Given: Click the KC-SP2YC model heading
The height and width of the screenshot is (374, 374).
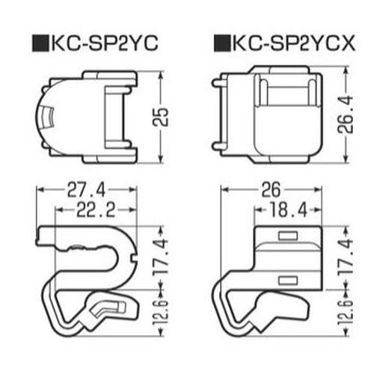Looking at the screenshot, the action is coord(105,43).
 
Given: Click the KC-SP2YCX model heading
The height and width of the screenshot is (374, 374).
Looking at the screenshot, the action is coord(293,43).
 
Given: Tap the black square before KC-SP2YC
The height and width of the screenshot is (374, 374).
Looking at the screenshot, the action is coord(40,43).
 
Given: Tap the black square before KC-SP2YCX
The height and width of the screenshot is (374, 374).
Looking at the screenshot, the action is coord(222,43).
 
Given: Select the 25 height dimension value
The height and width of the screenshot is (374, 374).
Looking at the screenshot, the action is coord(161,117).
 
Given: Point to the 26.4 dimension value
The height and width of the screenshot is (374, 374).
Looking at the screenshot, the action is coord(346,114).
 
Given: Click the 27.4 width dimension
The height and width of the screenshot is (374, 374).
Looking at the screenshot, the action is coord(86,190).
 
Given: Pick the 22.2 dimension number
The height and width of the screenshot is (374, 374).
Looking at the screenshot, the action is coord(96,210).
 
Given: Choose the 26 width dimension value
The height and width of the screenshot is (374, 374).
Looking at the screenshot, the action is coord(271,190).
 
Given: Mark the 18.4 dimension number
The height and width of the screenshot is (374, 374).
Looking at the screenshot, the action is coord(289,210).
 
